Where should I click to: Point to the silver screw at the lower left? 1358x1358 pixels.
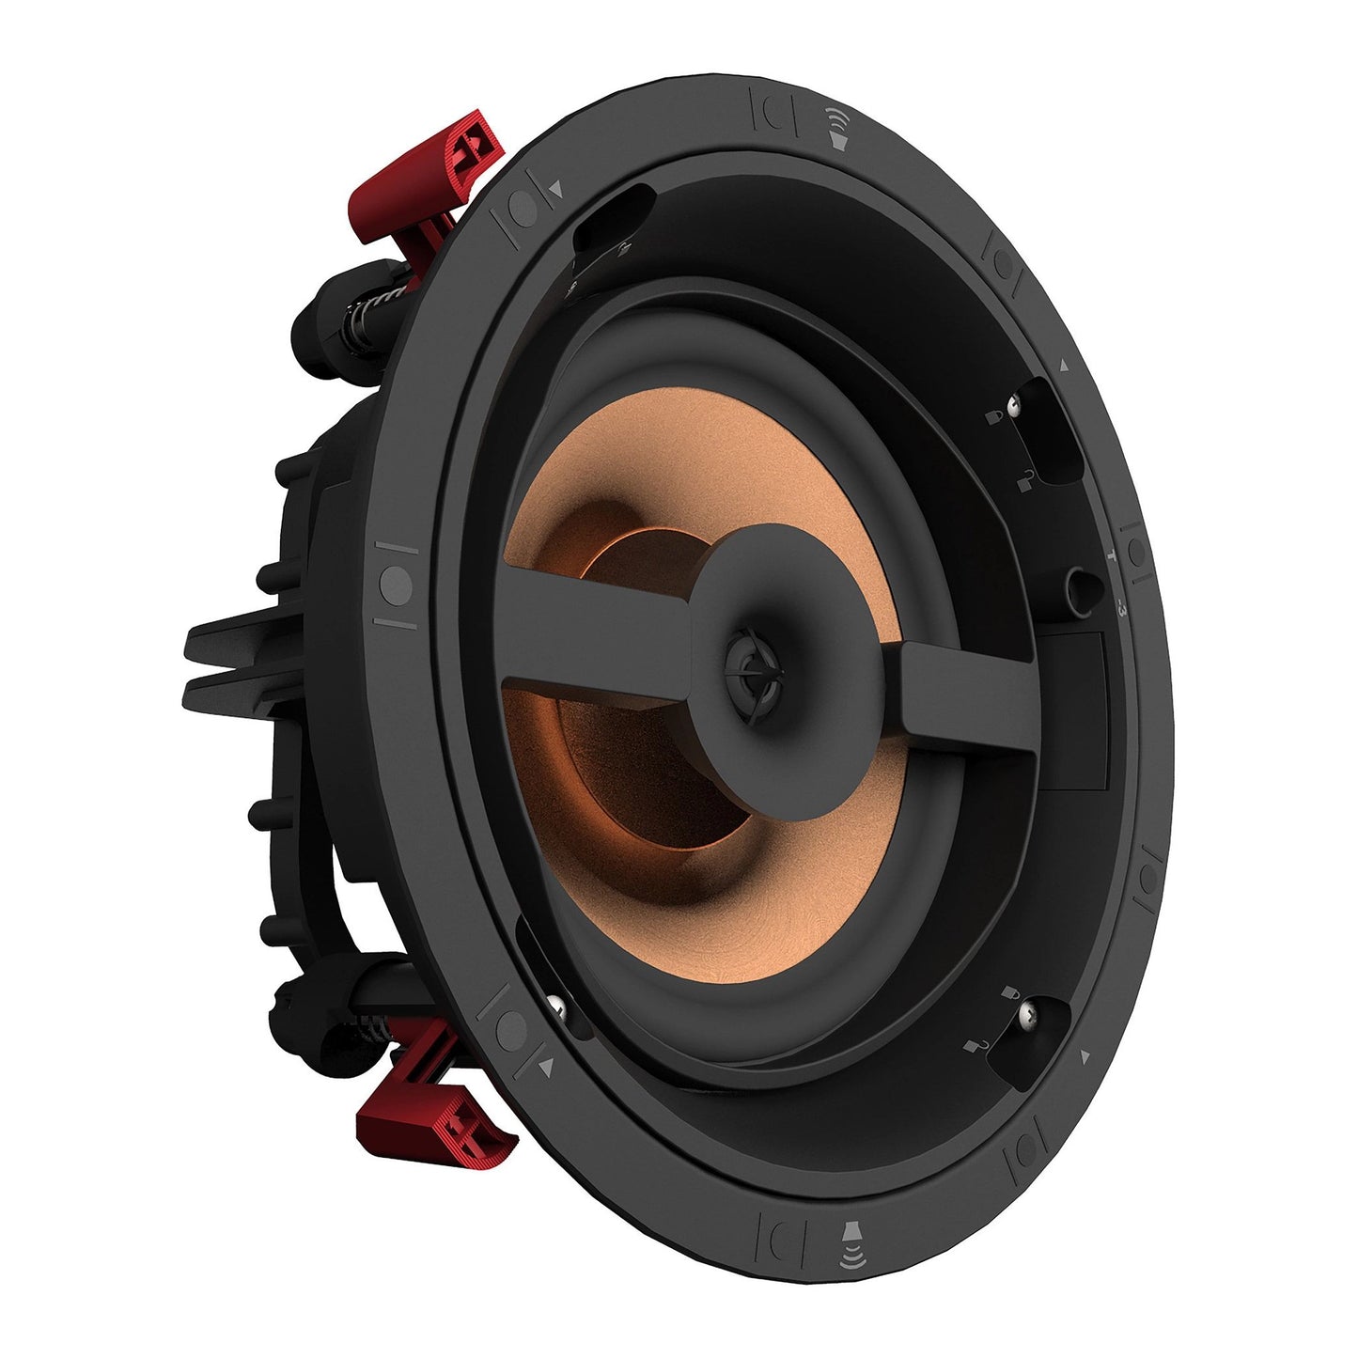coord(560,1007)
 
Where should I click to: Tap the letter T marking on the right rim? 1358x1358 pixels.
coord(1114,554)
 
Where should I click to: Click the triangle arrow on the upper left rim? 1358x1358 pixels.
coord(556,188)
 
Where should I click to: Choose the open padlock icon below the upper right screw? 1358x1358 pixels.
coord(1024,479)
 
